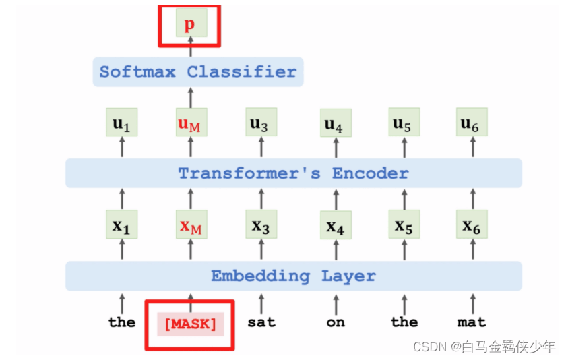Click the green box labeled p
[190, 26]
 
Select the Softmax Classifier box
[198, 72]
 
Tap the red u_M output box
[190, 123]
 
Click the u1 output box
[122, 123]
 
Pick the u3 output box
[260, 123]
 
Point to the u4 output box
[335, 124]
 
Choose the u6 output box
[471, 123]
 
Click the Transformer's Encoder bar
[293, 173]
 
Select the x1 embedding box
[122, 225]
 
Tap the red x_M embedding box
[191, 225]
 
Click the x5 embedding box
[404, 225]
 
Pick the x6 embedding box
[471, 225]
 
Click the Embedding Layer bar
[293, 276]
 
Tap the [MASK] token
[190, 324]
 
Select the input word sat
[261, 322]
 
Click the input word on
[336, 322]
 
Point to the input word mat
[471, 322]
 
